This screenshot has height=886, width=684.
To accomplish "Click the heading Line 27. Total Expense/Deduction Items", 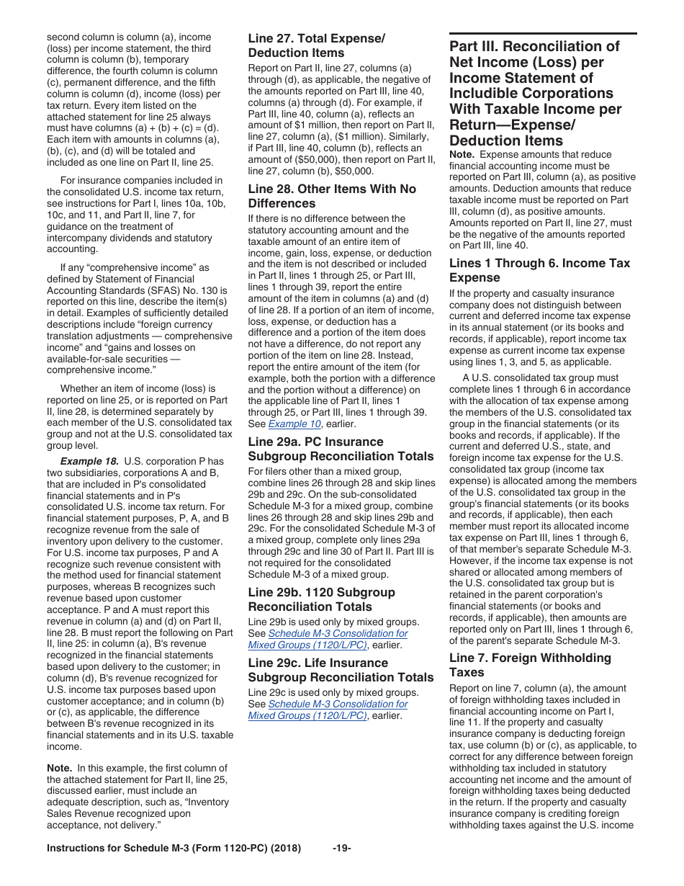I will coord(316,45).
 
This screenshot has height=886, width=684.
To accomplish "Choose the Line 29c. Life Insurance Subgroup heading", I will coord(341,670).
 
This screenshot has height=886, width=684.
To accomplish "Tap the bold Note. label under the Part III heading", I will coord(462,154).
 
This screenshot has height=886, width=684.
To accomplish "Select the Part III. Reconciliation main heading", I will coord(535,94).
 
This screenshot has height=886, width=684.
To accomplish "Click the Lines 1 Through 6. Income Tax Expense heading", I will coord(539,270).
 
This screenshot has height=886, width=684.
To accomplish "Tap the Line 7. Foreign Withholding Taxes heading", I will coord(529,665).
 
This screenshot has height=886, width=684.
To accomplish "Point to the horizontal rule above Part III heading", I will coord(543,33).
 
